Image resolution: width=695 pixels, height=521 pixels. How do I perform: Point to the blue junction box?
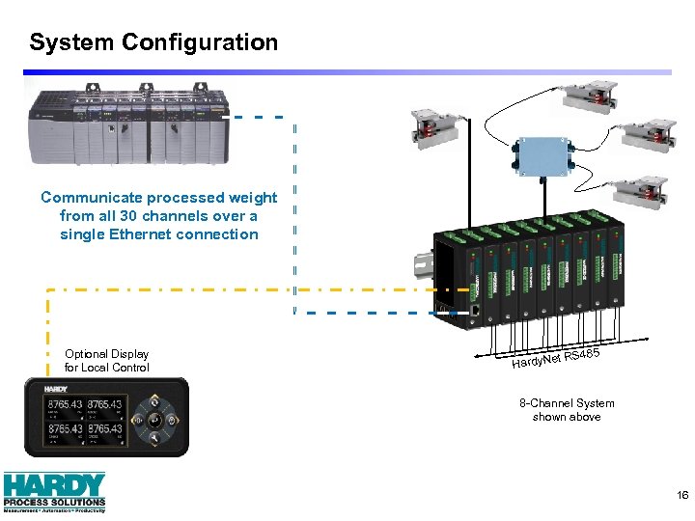tap(542, 158)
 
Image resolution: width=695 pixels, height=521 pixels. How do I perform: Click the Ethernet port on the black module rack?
tap(477, 311)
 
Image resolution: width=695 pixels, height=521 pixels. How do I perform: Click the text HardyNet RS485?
tap(556, 359)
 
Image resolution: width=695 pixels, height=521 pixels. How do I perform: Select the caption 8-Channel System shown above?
tap(567, 410)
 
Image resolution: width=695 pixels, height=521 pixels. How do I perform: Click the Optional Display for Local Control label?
tap(106, 361)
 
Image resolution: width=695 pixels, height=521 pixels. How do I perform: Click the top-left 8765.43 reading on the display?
tap(64, 404)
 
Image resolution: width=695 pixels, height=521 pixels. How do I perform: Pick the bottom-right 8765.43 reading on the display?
tap(104, 427)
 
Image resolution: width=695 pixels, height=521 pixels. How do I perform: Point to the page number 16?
tap(682, 495)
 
